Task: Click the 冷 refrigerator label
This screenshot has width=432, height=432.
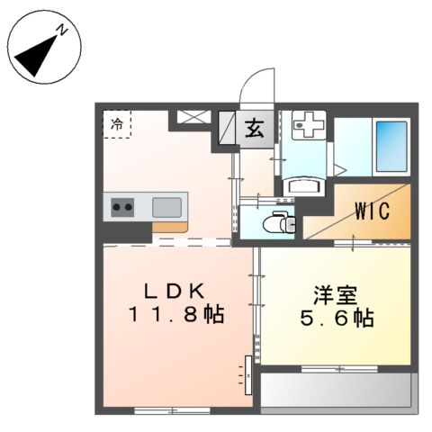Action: pyautogui.click(x=117, y=125)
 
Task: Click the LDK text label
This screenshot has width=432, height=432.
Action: pyautogui.click(x=177, y=292)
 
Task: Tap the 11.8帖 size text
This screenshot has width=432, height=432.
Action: pyautogui.click(x=175, y=316)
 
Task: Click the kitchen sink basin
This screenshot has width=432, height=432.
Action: pyautogui.click(x=168, y=207)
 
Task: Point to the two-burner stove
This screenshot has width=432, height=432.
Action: pyautogui.click(x=123, y=208)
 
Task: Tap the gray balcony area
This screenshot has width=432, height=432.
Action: pyautogui.click(x=335, y=390)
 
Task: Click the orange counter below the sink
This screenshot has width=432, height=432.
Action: pyautogui.click(x=169, y=227)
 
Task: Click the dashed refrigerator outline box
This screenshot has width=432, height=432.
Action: pyautogui.click(x=118, y=125)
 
